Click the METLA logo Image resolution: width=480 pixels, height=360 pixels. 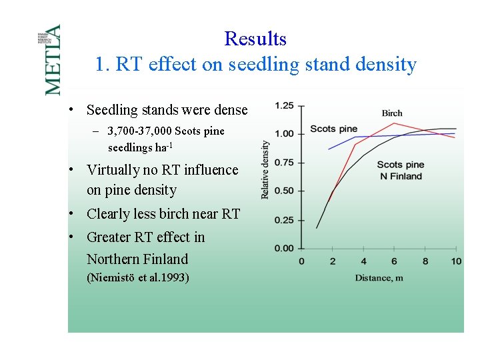point(52,59)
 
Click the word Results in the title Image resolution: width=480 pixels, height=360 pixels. point(255,39)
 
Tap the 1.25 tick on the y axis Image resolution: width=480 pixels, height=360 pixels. point(285,105)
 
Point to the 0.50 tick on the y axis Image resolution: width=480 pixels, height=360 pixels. point(285,191)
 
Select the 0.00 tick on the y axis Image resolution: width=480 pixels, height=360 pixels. point(285,249)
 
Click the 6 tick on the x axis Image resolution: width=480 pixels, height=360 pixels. point(394,261)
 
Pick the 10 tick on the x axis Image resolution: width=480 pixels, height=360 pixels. point(455,261)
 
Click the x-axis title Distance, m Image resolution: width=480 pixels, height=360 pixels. point(379,277)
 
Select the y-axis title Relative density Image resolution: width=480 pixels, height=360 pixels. point(265,169)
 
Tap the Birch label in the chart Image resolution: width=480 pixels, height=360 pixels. point(392,113)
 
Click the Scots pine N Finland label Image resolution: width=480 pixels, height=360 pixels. point(401,171)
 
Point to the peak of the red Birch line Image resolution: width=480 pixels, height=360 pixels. point(394,123)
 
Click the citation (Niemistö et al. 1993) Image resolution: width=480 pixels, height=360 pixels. point(138,277)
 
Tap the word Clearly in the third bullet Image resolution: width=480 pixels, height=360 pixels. point(108,214)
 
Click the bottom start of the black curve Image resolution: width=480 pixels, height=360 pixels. point(317,228)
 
